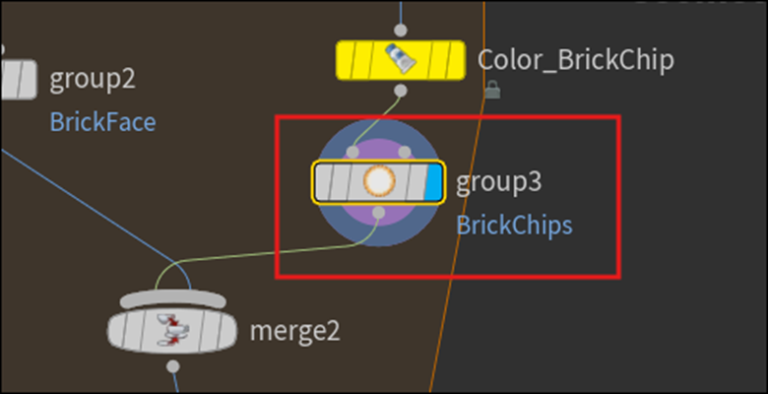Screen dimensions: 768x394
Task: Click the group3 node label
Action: [x=499, y=182]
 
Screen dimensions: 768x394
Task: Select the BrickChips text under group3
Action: [x=514, y=225]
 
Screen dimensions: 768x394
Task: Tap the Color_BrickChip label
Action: [x=575, y=60]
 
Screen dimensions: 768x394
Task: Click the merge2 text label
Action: [x=294, y=330]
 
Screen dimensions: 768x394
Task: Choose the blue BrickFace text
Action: [x=102, y=122]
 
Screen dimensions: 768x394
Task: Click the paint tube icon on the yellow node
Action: [x=402, y=60]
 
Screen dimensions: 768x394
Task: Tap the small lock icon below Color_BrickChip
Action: [x=492, y=91]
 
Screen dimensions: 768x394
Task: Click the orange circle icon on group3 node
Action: [x=379, y=181]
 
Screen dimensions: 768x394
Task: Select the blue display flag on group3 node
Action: [x=433, y=181]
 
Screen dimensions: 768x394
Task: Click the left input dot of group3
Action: [x=353, y=153]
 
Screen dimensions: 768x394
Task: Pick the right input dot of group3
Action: [x=405, y=153]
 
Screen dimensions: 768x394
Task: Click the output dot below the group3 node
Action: [x=379, y=212]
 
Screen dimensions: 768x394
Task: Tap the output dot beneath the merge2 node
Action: [x=173, y=366]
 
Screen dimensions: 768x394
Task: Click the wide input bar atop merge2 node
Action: [x=172, y=297]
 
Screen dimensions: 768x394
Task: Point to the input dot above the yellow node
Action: [x=400, y=31]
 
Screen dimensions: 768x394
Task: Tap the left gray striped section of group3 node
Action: [x=338, y=181]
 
